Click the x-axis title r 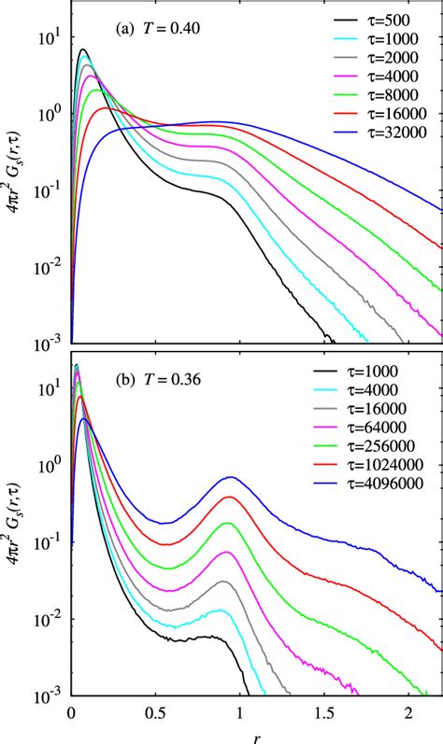pos(257,736)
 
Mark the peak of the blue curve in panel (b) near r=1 pos(229,478)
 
